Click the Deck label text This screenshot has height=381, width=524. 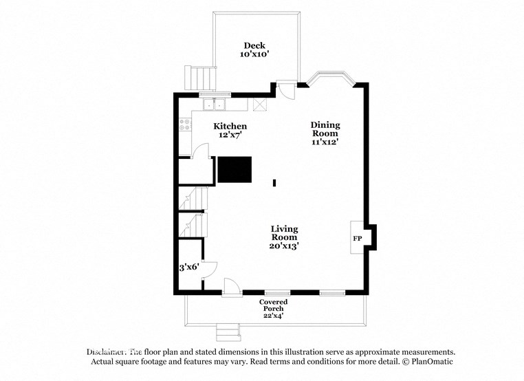254,46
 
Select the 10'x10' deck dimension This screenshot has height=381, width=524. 254,54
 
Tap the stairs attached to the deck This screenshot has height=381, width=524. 199,77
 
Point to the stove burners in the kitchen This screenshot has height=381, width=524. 185,124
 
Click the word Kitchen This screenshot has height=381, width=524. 230,127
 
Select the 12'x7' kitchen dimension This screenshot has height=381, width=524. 230,135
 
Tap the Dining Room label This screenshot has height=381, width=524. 326,129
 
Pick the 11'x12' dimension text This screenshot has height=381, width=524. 326,142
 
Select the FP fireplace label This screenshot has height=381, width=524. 358,239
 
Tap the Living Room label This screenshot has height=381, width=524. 284,233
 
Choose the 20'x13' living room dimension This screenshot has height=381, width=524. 284,246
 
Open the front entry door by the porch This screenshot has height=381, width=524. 232,288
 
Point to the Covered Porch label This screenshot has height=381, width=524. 273,305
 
